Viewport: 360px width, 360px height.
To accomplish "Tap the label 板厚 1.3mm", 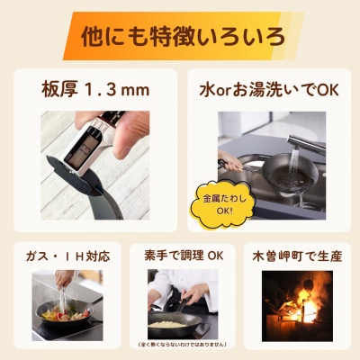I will coord(95,91).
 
